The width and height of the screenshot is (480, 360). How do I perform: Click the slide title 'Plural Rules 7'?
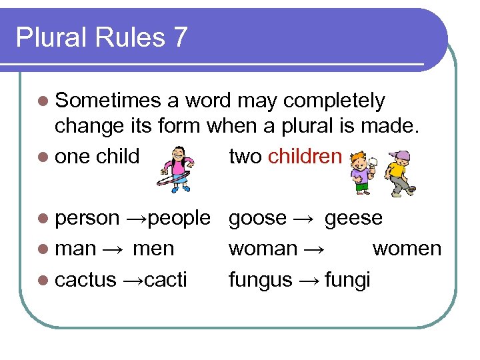[101, 37]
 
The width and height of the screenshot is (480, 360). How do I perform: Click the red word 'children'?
[305, 157]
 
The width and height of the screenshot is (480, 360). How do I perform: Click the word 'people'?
[180, 218]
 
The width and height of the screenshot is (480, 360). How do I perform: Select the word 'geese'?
[353, 218]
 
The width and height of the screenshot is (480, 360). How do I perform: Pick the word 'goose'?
[257, 218]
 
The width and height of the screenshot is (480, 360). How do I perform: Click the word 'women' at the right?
[407, 249]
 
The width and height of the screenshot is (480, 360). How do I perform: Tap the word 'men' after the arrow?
[153, 249]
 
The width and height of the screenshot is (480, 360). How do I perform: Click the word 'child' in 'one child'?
[118, 157]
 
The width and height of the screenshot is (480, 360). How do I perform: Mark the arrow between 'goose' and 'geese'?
[303, 219]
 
